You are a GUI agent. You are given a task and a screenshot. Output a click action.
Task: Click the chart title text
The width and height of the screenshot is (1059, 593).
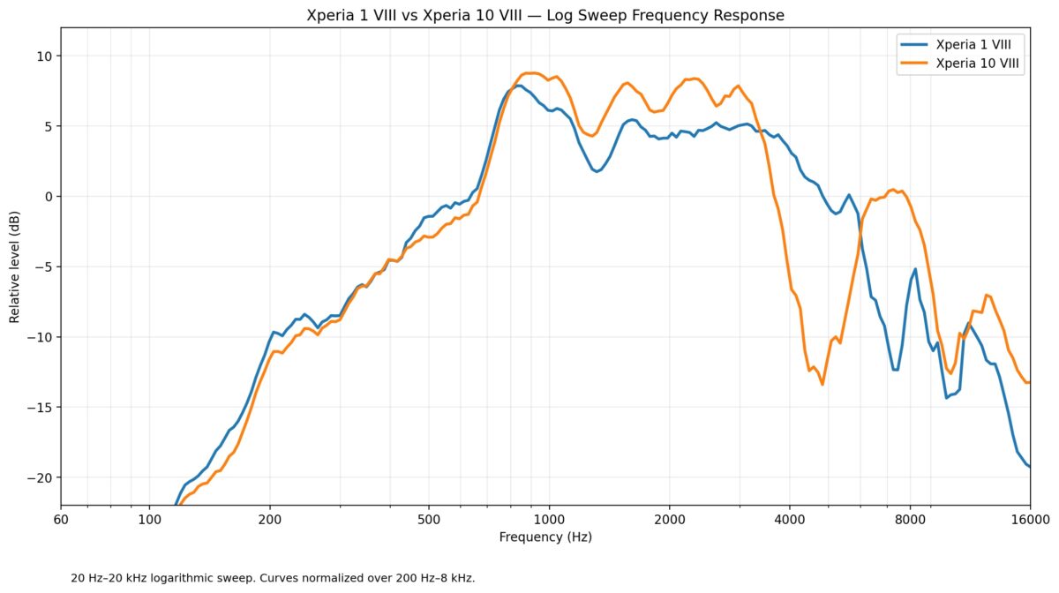tap(545, 15)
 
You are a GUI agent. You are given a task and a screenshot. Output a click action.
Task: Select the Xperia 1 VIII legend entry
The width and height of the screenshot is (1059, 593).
tap(960, 44)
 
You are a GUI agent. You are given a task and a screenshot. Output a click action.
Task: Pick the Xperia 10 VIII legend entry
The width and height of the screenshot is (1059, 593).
tap(960, 64)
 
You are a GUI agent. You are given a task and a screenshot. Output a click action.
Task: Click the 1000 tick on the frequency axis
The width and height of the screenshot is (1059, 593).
tap(549, 520)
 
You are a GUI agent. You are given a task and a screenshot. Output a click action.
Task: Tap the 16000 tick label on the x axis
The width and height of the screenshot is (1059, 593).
tap(1030, 520)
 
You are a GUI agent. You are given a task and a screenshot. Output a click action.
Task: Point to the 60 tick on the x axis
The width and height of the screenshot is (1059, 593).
tap(61, 520)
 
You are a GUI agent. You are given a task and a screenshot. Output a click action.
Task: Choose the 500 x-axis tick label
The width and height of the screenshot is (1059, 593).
tap(429, 520)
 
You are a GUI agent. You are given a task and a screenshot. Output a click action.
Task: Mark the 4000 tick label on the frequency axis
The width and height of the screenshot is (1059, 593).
tap(790, 520)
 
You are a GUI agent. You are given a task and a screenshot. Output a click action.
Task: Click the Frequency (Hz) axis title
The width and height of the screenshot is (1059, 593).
tap(545, 537)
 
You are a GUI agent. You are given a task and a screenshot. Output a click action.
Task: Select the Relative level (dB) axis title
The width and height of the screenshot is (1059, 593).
tap(15, 267)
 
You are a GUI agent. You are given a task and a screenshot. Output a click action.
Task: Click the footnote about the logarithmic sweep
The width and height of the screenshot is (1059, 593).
tap(273, 578)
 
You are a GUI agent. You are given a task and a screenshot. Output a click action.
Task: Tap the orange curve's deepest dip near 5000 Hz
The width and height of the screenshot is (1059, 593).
tap(822, 385)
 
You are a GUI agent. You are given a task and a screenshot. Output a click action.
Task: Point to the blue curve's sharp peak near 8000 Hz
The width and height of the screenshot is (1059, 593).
tap(915, 268)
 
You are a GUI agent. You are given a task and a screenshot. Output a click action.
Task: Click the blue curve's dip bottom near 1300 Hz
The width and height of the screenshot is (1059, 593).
tap(597, 171)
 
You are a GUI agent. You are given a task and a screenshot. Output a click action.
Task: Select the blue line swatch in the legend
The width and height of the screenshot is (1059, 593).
tap(914, 44)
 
